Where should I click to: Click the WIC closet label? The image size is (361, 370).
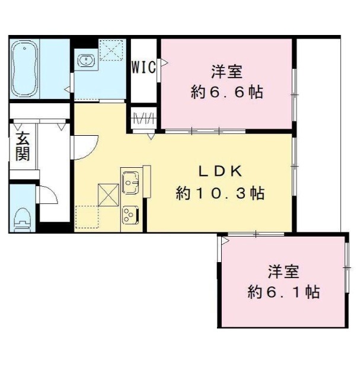coord(143,67)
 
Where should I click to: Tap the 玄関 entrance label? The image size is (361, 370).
coord(23,146)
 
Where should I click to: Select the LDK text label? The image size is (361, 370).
coord(221,171)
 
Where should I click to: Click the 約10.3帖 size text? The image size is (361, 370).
coord(220,193)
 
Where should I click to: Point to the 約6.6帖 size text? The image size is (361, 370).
coord(227,92)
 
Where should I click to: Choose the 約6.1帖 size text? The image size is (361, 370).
coord(283,292)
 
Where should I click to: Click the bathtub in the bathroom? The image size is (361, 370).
coord(24,69)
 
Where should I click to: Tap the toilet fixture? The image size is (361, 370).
coord(23,220)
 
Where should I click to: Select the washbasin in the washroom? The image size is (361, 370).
coord(86,60)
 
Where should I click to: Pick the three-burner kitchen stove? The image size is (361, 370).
coord(131,215)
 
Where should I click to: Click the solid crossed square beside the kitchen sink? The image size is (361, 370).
coord(108,195)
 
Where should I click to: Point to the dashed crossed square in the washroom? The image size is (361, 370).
coord(111,50)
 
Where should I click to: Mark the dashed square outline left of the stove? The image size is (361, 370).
coord(87,217)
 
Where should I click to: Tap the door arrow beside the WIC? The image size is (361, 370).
coord(164,63)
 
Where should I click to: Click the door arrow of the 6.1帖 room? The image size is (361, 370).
coord(225,241)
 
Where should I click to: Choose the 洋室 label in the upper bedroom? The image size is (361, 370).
coord(227,72)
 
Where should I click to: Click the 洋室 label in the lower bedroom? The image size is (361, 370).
coord(283,272)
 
